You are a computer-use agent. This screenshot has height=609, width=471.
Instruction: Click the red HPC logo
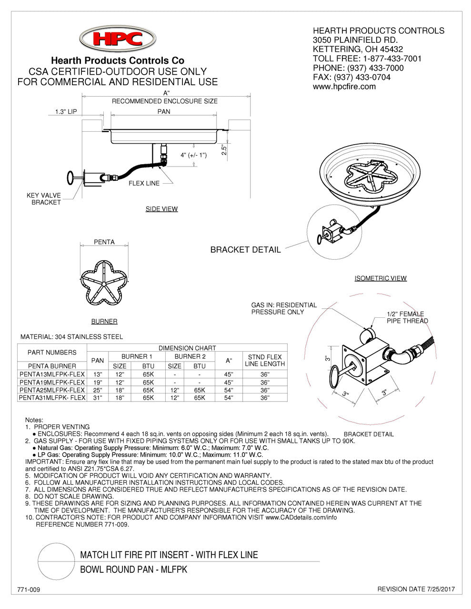tap(117, 39)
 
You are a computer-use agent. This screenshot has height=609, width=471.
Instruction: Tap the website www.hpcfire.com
tap(344, 87)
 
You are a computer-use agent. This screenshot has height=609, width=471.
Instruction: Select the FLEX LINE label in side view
tap(144, 183)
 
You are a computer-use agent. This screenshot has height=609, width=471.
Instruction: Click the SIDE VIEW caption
tap(161, 209)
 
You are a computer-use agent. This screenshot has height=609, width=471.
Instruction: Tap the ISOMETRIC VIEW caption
tap(381, 278)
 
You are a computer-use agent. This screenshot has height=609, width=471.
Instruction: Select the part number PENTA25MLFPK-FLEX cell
tap(52, 390)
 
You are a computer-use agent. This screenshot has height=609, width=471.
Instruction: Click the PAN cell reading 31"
tap(97, 397)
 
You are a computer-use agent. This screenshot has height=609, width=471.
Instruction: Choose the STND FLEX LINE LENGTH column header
tap(265, 360)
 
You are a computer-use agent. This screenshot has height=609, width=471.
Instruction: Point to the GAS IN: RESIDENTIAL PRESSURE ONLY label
tap(284, 308)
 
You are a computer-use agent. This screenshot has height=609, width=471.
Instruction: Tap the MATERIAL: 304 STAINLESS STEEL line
tap(71, 337)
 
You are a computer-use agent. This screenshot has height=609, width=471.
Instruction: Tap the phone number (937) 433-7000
tap(358, 68)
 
